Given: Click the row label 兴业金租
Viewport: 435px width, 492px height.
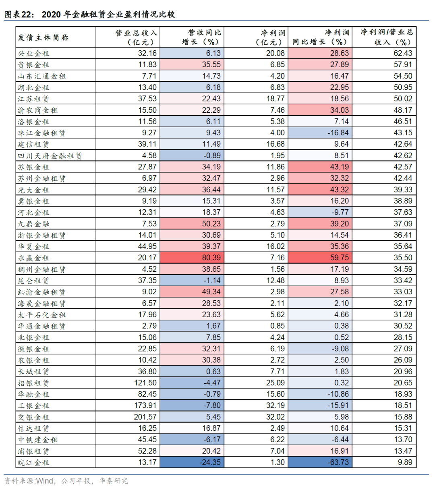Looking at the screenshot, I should click(33, 54).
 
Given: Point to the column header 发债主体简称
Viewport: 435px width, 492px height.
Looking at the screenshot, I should click(43, 37).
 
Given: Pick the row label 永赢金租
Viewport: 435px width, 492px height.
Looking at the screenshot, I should click(33, 258).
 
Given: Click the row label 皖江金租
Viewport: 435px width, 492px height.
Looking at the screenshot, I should click(33, 463).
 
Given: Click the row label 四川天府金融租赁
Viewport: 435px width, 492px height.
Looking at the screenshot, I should click(50, 156).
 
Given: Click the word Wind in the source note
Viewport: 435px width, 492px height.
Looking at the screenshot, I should click(44, 481).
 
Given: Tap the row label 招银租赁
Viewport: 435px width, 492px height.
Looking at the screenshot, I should click(33, 383).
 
